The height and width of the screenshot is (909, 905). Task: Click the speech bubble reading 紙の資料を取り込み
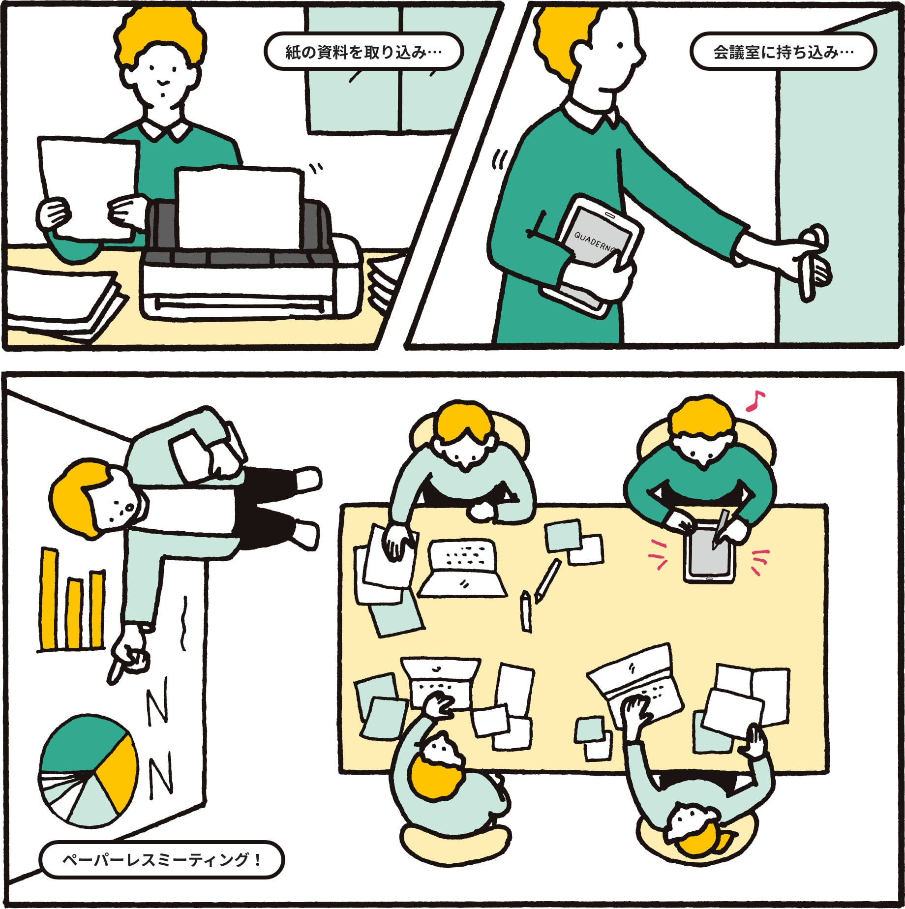(363, 51)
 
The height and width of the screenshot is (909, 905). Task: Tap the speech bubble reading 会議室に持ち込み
(784, 51)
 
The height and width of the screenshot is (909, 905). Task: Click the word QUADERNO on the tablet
(596, 242)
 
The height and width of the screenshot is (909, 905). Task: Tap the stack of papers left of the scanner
(64, 303)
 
